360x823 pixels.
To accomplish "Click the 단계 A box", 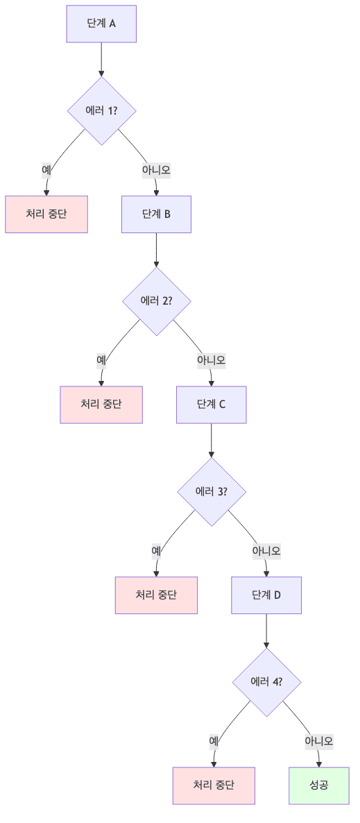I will coord(101,24).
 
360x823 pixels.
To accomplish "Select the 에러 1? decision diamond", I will coord(101,110).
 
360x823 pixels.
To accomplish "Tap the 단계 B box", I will coord(156,214).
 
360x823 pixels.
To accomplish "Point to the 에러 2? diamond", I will coord(156,301).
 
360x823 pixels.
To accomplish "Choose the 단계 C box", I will coord(211,405).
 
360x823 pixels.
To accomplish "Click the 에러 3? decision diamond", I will coord(212,491).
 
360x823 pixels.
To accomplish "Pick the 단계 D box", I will coord(266,595).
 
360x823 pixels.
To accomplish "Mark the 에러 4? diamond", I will coord(266,682).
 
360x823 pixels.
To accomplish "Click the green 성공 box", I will coord(319,786).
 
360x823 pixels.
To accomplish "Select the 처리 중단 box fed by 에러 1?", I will coord(46,214).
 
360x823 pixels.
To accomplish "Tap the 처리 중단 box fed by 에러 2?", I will coord(101,405).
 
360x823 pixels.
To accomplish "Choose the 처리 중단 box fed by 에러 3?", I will coord(156,595).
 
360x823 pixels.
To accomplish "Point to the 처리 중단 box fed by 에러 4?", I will coord(214,786).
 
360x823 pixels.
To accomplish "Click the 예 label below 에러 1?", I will coord(46,169).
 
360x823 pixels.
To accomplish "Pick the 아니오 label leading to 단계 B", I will coord(156,169).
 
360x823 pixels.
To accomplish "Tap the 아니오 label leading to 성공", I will coord(319,741).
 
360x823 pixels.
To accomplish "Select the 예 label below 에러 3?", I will coord(156,550).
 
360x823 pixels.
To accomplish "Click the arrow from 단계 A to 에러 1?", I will coord(101,59).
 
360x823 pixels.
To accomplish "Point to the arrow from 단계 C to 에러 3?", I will coord(211,440).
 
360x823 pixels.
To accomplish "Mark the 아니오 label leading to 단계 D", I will coord(266,550).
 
